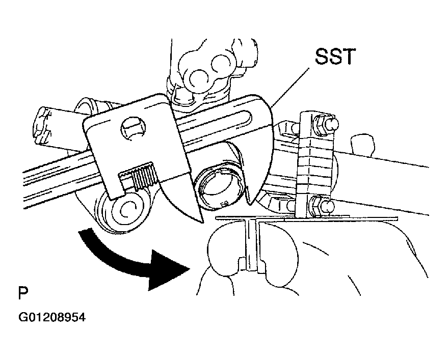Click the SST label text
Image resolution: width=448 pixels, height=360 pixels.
335,57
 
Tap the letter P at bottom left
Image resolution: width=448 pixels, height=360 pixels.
23,293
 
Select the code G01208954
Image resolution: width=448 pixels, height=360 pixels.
51,317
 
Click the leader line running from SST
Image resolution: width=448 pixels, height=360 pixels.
291,88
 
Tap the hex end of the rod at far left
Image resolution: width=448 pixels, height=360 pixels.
43,126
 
